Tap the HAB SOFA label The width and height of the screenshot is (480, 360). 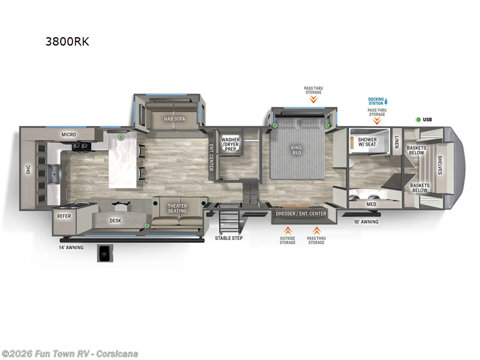(x=175, y=119)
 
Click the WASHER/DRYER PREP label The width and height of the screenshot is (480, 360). (x=230, y=144)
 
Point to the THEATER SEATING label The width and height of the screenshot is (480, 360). (x=177, y=209)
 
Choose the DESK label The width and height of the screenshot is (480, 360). (x=115, y=220)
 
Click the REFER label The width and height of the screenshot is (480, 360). (x=64, y=216)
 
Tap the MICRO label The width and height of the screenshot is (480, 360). (x=69, y=134)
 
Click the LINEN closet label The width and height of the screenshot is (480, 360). (x=397, y=142)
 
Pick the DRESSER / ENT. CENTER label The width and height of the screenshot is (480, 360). (x=301, y=214)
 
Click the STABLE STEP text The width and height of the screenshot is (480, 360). (x=229, y=238)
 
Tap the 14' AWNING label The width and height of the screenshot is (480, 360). (x=71, y=247)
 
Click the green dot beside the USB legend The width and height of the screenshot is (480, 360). (x=418, y=119)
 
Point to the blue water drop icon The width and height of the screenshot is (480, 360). (x=386, y=101)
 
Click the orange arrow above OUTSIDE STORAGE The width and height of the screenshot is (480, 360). (x=288, y=230)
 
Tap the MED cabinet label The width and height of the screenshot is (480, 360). (x=371, y=204)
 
